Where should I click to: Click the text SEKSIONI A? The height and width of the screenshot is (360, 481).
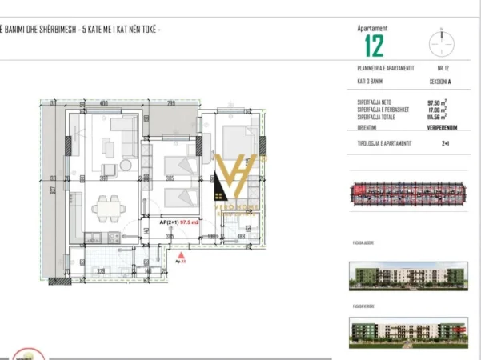(439, 82)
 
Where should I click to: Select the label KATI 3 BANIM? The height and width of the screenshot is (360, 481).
(371, 82)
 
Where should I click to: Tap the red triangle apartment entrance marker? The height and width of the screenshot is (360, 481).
(181, 254)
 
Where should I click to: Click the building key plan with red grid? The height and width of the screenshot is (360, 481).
(408, 194)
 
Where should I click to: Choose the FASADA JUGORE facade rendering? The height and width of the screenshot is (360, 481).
(408, 276)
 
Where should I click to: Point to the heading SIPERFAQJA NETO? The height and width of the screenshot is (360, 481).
(375, 102)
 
